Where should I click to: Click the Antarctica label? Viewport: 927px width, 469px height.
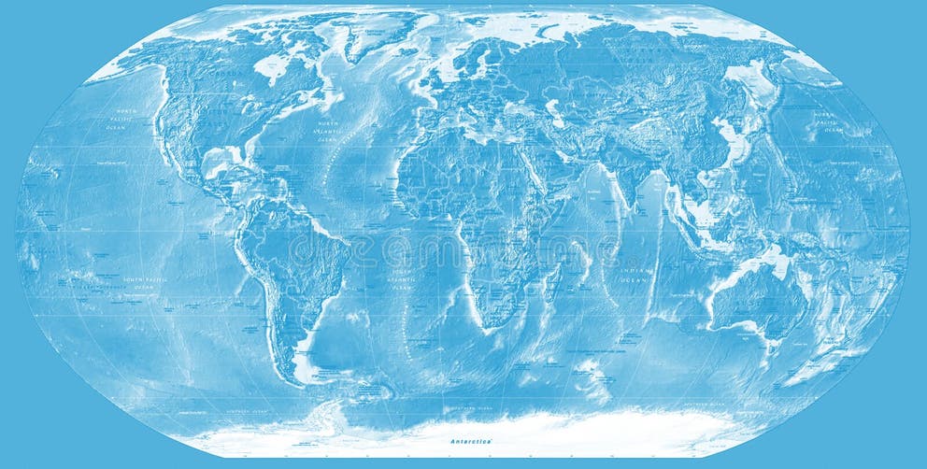point(469,439)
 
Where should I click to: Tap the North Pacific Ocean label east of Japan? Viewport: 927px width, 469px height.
point(828,122)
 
